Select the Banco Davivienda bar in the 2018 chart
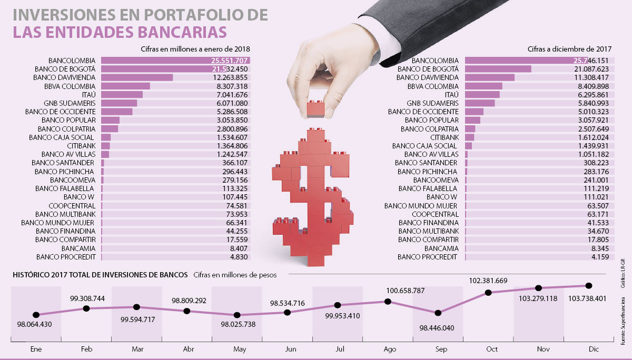click(137, 77)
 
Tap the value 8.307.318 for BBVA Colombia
click(232, 86)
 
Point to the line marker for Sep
click(438, 313)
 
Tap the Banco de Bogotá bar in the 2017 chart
click(498, 69)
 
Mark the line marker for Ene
click(36, 315)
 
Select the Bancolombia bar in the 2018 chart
click(175, 61)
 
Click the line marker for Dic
click(588, 285)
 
